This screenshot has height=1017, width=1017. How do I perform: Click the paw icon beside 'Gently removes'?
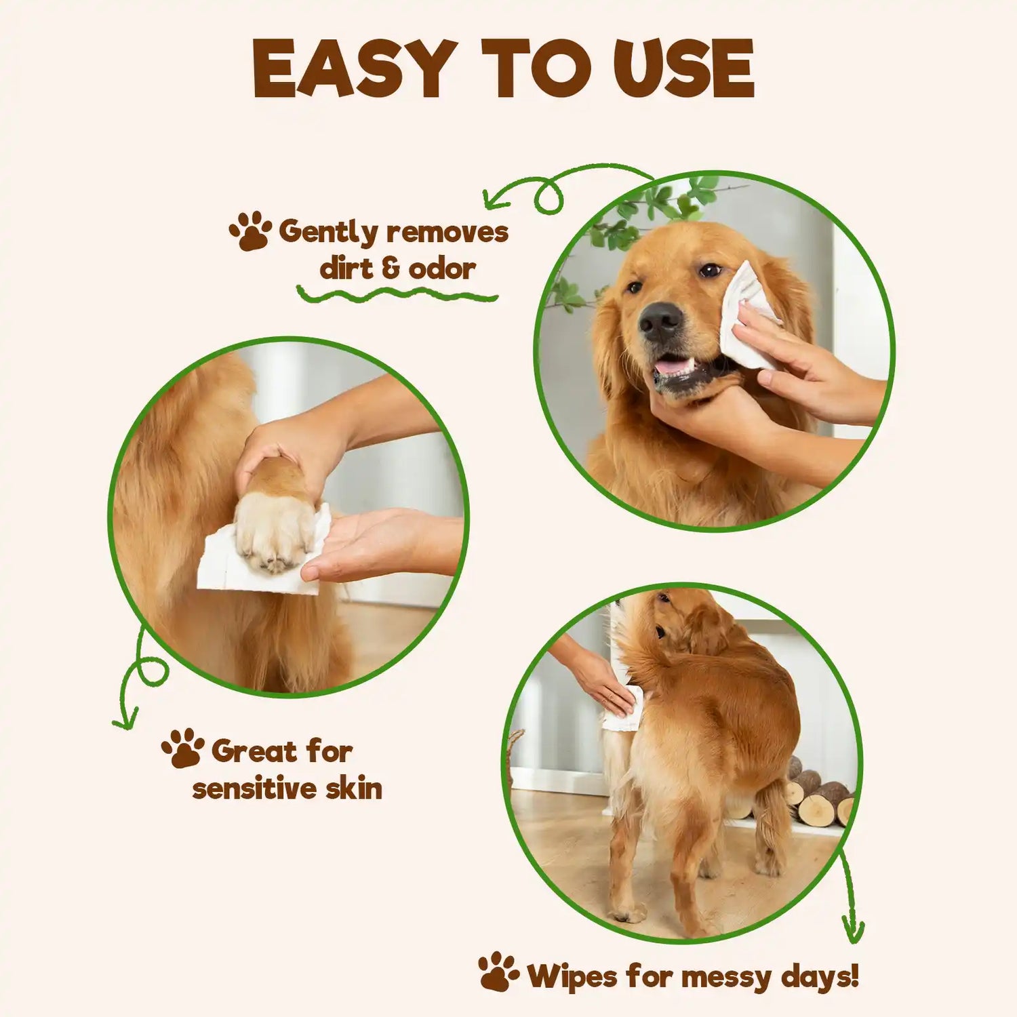coord(250,231)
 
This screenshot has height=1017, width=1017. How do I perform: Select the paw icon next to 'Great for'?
coord(182,748)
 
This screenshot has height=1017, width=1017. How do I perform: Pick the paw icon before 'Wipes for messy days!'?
coord(499,971)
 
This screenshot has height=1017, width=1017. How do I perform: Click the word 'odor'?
coord(441,269)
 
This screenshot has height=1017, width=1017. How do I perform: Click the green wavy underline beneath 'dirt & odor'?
coord(397,294)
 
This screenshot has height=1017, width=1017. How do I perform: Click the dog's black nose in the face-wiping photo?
coord(660,321)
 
